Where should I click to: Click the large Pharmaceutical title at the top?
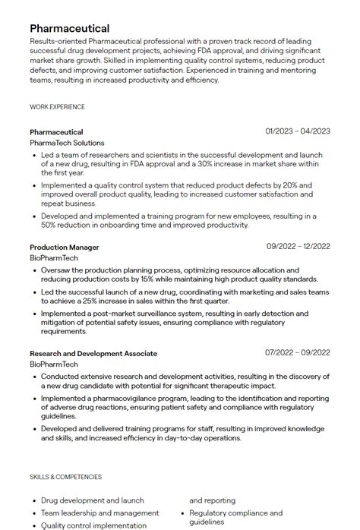point(70,28)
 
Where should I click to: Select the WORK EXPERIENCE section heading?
point(57,107)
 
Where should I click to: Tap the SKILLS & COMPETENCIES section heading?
point(65,477)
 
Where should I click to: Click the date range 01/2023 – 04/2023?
point(298,131)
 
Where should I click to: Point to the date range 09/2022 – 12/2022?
point(298,246)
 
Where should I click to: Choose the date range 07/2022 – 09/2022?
point(298,353)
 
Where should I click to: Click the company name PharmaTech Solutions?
point(67,143)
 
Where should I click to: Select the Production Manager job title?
point(65,247)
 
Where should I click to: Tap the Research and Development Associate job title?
point(93,353)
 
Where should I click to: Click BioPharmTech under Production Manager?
point(54,258)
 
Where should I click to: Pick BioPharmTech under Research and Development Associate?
point(54,364)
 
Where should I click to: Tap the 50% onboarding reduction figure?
point(50,225)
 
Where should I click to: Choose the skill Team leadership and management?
point(99,513)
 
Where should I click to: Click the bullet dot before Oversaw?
point(34,270)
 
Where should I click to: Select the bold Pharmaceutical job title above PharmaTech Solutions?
point(56,132)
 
